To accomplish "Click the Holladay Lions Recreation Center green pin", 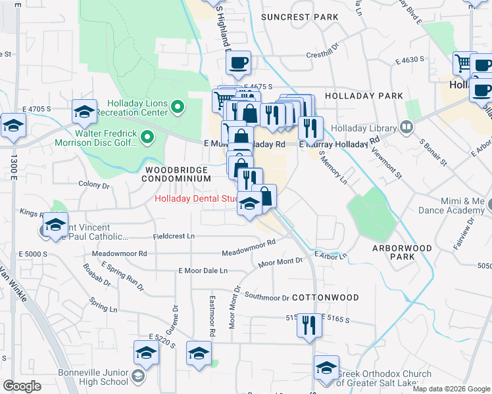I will click(177, 106).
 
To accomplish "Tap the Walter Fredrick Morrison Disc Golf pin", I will click(147, 138).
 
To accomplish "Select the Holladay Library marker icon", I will click(406, 127).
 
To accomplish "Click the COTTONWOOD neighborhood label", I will click(326, 297).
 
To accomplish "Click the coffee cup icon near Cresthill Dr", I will click(237, 63).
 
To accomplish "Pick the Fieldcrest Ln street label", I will click(174, 236).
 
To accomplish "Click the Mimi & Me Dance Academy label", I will click(453, 206).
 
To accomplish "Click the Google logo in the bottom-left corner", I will click(22, 386).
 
